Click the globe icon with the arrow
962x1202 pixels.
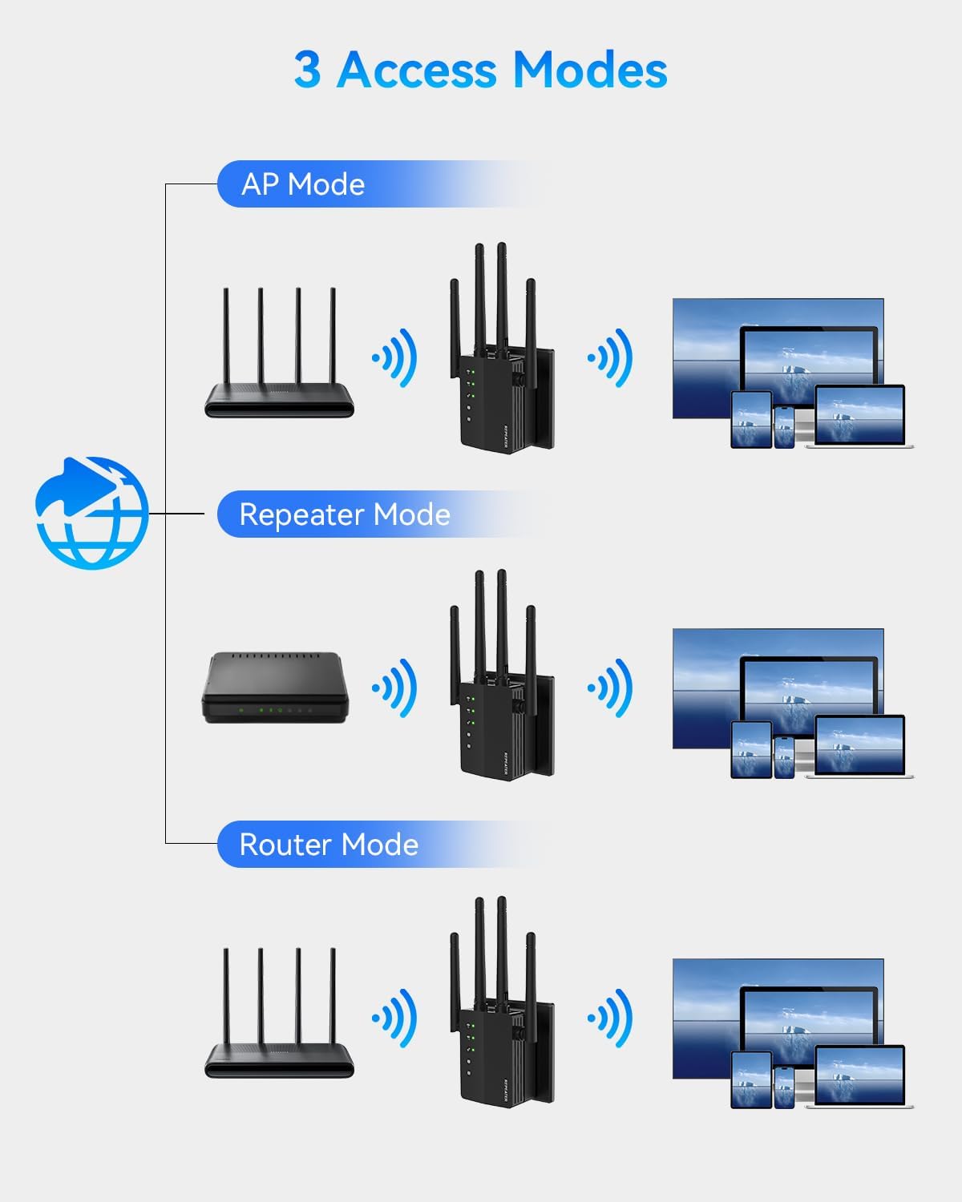click(x=92, y=513)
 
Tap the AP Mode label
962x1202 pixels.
click(x=303, y=184)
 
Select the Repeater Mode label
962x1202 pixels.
click(x=345, y=514)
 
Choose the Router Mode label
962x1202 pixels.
click(x=329, y=845)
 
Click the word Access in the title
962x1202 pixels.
click(x=417, y=70)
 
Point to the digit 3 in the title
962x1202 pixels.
click(x=307, y=70)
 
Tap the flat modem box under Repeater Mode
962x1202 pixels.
click(x=275, y=688)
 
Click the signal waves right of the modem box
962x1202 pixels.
click(x=395, y=688)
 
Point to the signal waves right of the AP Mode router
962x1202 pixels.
click(x=395, y=357)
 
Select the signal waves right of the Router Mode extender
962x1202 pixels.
click(x=611, y=1018)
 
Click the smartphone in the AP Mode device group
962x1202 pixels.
click(x=784, y=426)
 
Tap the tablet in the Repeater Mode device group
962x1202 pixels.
click(x=751, y=749)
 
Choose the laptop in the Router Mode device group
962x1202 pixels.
click(x=859, y=1078)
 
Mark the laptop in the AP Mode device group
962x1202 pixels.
click(x=859, y=417)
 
